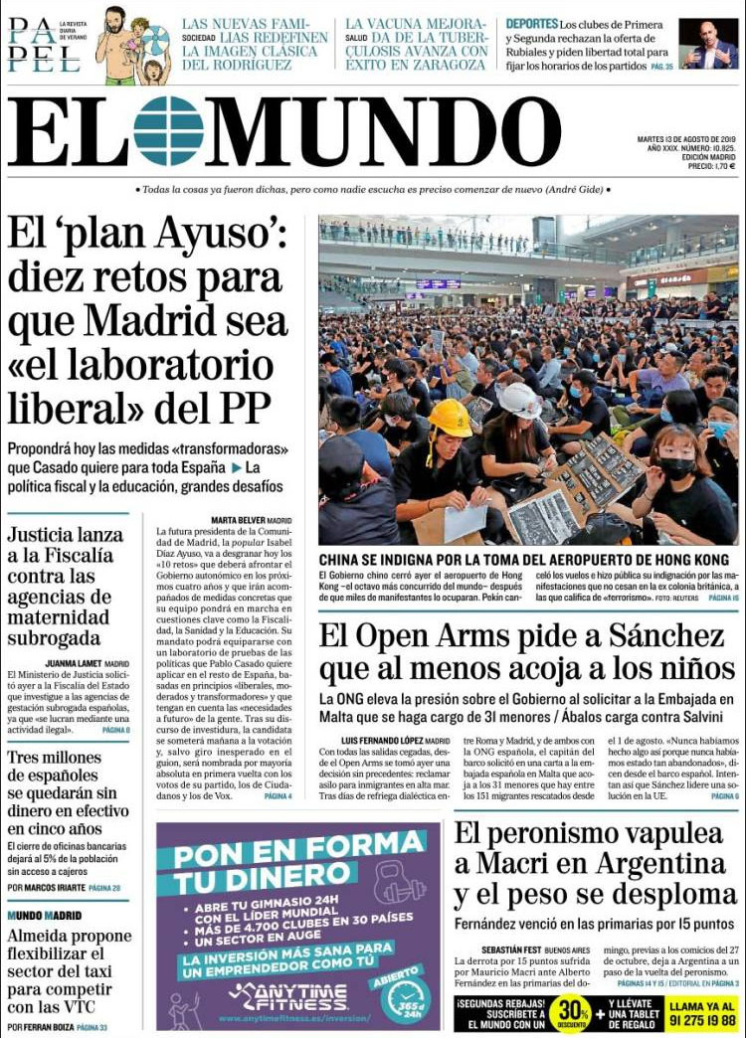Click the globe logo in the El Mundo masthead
[168, 130]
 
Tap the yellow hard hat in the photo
[451, 419]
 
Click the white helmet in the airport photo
[519, 401]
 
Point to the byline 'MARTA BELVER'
[238, 520]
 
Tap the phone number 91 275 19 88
[702, 1020]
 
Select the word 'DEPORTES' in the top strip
[531, 23]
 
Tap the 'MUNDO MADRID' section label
[44, 915]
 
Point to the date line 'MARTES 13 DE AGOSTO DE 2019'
[686, 139]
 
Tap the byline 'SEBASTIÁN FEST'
[492, 950]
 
